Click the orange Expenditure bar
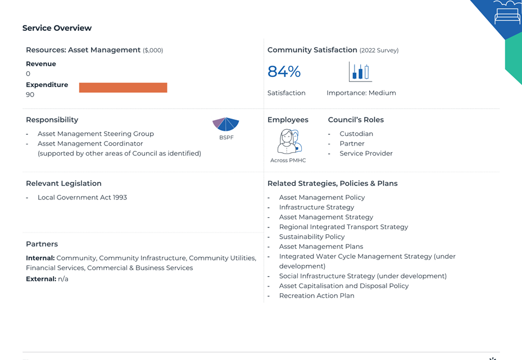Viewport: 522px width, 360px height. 123,88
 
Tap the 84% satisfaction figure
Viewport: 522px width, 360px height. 284,71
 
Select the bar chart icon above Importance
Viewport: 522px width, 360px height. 360,71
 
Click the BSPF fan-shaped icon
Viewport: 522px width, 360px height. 226,124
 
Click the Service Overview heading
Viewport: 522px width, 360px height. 57,28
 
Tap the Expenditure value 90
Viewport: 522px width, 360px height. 30,94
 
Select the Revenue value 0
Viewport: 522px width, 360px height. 28,74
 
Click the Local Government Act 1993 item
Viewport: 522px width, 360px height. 82,197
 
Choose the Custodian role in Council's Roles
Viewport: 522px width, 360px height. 356,134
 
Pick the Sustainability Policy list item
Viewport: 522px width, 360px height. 312,236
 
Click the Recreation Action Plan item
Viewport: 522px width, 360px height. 316,295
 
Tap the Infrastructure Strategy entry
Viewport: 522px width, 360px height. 316,207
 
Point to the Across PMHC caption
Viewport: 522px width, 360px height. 288,161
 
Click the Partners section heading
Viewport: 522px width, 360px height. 42,244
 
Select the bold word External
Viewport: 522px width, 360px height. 41,279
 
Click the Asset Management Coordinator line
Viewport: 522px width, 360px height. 90,143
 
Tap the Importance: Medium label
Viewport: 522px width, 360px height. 361,93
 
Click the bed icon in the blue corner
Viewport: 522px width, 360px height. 507,12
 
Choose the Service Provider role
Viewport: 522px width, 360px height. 366,153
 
